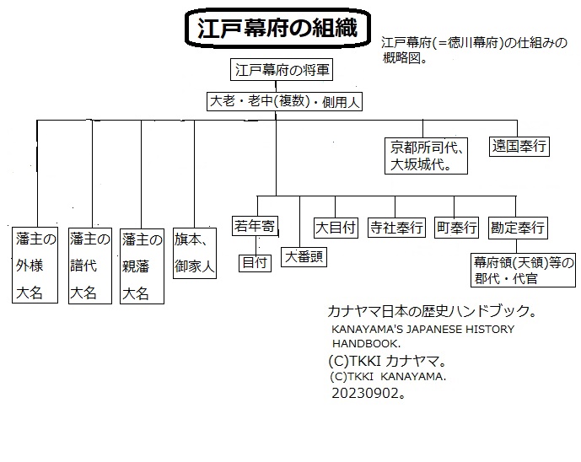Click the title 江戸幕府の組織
click(277, 28)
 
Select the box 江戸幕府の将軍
click(282, 69)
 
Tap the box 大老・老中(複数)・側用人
click(284, 101)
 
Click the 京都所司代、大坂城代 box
click(426, 156)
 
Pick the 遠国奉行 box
click(519, 146)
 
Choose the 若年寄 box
click(255, 226)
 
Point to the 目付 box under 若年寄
click(255, 263)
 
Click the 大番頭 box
click(304, 257)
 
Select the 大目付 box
click(336, 228)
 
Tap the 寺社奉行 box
click(396, 228)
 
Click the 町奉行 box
click(456, 227)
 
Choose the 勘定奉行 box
click(518, 228)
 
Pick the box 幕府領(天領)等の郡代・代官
click(523, 270)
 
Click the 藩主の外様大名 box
click(35, 266)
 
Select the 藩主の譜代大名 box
click(90, 266)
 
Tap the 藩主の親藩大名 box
click(142, 266)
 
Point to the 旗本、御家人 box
click(195, 254)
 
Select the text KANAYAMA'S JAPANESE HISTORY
click(422, 329)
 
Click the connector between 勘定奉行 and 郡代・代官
click(516, 246)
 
